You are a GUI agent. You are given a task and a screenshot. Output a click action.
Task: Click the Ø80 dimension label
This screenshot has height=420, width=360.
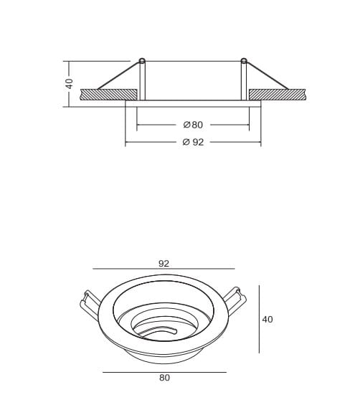pos(193,125)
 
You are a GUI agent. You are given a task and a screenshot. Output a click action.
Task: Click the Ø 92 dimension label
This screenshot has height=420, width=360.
pos(193,143)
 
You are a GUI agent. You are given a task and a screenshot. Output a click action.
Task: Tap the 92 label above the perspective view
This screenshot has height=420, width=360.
pos(164,263)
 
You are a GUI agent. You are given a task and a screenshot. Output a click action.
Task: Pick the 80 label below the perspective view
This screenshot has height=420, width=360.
pos(164,378)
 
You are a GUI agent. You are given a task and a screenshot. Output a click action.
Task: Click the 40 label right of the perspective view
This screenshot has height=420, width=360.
pos(267,319)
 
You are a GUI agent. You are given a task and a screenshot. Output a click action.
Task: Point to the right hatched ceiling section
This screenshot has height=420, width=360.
pos(278,93)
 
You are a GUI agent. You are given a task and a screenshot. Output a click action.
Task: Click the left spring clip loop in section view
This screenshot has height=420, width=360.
pos(143,60)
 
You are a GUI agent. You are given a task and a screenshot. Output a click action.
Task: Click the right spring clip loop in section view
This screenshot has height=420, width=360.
pos(244,60)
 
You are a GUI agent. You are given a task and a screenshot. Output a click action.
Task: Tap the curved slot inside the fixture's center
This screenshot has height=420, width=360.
pos(161,330)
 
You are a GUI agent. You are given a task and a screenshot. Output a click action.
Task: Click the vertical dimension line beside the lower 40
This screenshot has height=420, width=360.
pos(258,319)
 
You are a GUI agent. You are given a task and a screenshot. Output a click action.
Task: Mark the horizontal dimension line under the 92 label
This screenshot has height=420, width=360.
pos(164,269)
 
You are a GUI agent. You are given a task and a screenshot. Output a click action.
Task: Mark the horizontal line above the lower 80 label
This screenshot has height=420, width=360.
pos(164,372)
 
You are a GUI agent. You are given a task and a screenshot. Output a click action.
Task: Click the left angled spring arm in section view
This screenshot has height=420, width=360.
pos(118,76)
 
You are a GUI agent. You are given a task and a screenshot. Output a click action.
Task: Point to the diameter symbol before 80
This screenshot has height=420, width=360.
pos(186,125)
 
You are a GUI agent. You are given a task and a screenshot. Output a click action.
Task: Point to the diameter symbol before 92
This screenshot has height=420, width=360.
pos(185,143)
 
